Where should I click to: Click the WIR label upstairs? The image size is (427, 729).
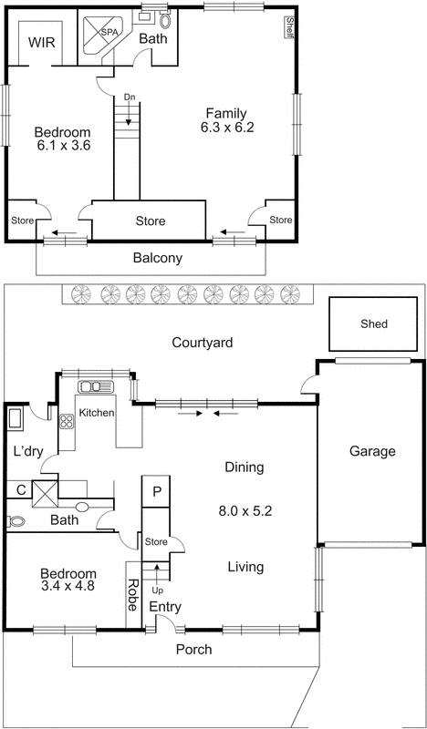pos(39,43)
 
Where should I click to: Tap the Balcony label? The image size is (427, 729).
pos(157,258)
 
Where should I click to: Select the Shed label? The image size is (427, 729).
pos(373,323)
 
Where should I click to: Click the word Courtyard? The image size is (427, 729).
pos(203,343)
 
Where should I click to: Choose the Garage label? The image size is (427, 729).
pos(371,451)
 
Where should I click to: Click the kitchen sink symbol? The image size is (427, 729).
pos(97,386)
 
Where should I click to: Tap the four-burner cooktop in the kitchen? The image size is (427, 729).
pos(67,422)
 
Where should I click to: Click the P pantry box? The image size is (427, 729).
pos(157,492)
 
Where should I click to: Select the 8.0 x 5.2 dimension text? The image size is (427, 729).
pos(244,510)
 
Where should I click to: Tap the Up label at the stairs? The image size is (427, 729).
pos(156,590)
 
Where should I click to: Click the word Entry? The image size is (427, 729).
pos(166,607)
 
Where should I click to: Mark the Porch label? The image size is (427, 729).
pos(193,650)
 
